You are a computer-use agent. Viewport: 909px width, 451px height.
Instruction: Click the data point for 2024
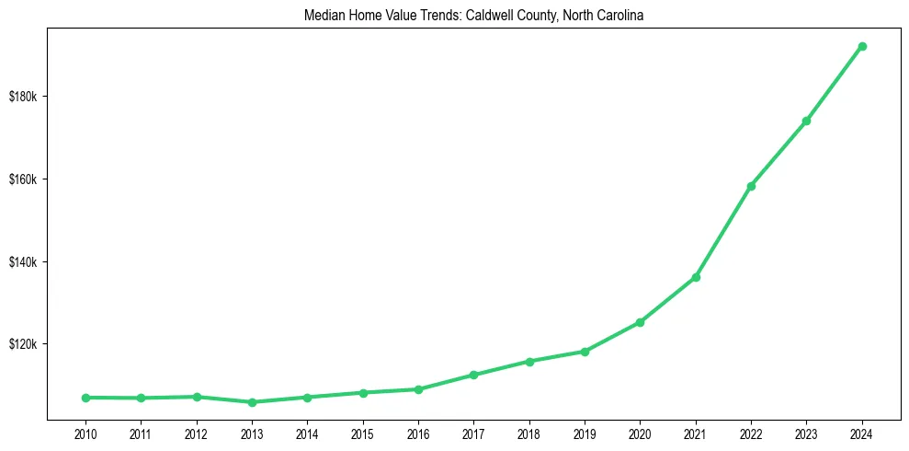coord(862,46)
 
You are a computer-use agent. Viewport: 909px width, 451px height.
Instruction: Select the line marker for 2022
coord(751,186)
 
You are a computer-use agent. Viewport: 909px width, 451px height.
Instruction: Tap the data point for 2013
coord(252,402)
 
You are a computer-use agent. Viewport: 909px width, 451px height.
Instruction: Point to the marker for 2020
coord(640,322)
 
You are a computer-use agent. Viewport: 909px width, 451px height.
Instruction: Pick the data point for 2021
coord(696,277)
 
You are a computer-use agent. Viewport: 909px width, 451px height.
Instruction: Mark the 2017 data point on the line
coord(473,375)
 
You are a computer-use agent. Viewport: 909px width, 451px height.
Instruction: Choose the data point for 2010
coord(85,398)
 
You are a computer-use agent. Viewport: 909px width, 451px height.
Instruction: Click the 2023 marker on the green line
coord(806,121)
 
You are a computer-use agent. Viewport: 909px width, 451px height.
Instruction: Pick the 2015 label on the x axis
coord(362,433)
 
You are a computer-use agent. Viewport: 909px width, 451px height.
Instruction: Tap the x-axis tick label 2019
coord(585,433)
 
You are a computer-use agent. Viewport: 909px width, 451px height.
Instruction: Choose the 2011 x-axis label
coord(141,433)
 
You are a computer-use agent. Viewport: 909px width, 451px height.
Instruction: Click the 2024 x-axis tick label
coord(862,433)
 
